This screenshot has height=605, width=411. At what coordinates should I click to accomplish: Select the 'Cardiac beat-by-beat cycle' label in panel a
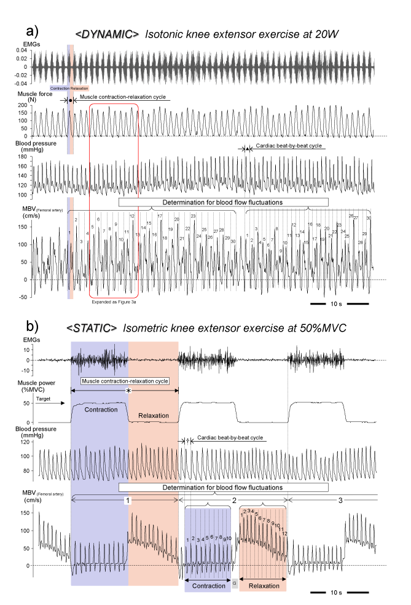(286, 147)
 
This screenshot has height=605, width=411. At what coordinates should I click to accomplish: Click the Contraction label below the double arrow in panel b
(205, 586)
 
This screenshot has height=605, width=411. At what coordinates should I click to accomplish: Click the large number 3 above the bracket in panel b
(340, 501)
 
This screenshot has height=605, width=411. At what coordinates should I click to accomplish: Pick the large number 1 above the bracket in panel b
(128, 501)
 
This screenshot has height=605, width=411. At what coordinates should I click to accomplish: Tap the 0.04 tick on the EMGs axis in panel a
(22, 50)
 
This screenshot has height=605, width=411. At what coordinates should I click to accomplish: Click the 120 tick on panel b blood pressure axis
(26, 442)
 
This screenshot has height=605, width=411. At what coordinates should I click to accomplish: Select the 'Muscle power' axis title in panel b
(20, 386)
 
